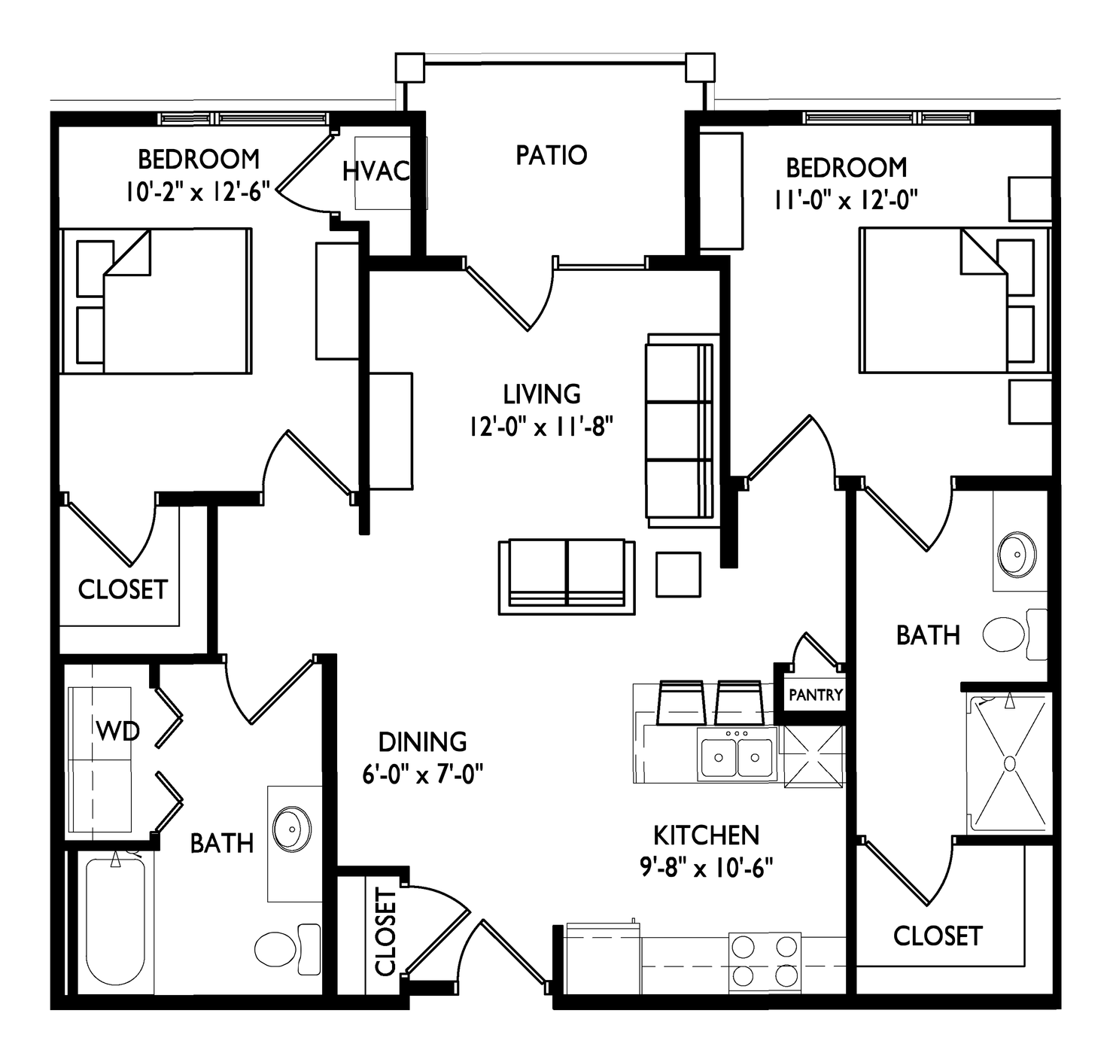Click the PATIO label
(552, 155)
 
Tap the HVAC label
(376, 171)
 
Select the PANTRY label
(816, 695)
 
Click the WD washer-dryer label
(117, 732)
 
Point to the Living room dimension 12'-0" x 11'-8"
(541, 427)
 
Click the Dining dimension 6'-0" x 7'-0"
(422, 774)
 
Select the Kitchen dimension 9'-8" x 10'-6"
(707, 866)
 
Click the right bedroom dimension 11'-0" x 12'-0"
(846, 199)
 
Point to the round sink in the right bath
(1017, 553)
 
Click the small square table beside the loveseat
(678, 574)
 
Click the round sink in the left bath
(291, 829)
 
